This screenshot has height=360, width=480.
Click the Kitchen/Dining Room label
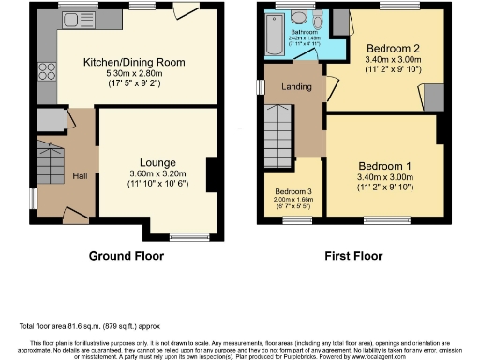[134, 62]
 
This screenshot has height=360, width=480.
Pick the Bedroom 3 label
[281, 190]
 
